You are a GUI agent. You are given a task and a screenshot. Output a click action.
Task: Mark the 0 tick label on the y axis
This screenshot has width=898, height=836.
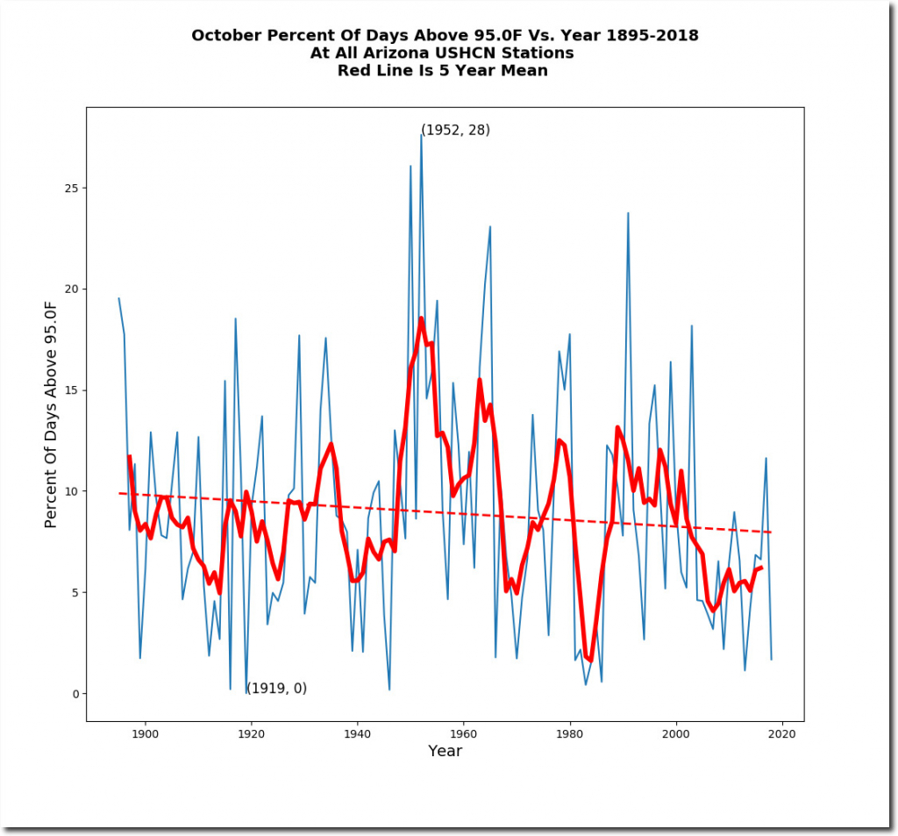click(x=75, y=694)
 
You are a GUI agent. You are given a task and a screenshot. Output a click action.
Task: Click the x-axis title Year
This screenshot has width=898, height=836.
click(x=445, y=752)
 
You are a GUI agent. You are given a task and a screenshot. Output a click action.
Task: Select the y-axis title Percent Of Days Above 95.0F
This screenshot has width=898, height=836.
click(x=51, y=413)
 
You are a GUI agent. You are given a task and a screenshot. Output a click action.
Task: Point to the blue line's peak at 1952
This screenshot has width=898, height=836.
click(x=421, y=135)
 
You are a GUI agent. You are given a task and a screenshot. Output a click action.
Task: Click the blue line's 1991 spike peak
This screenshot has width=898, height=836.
click(x=628, y=213)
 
